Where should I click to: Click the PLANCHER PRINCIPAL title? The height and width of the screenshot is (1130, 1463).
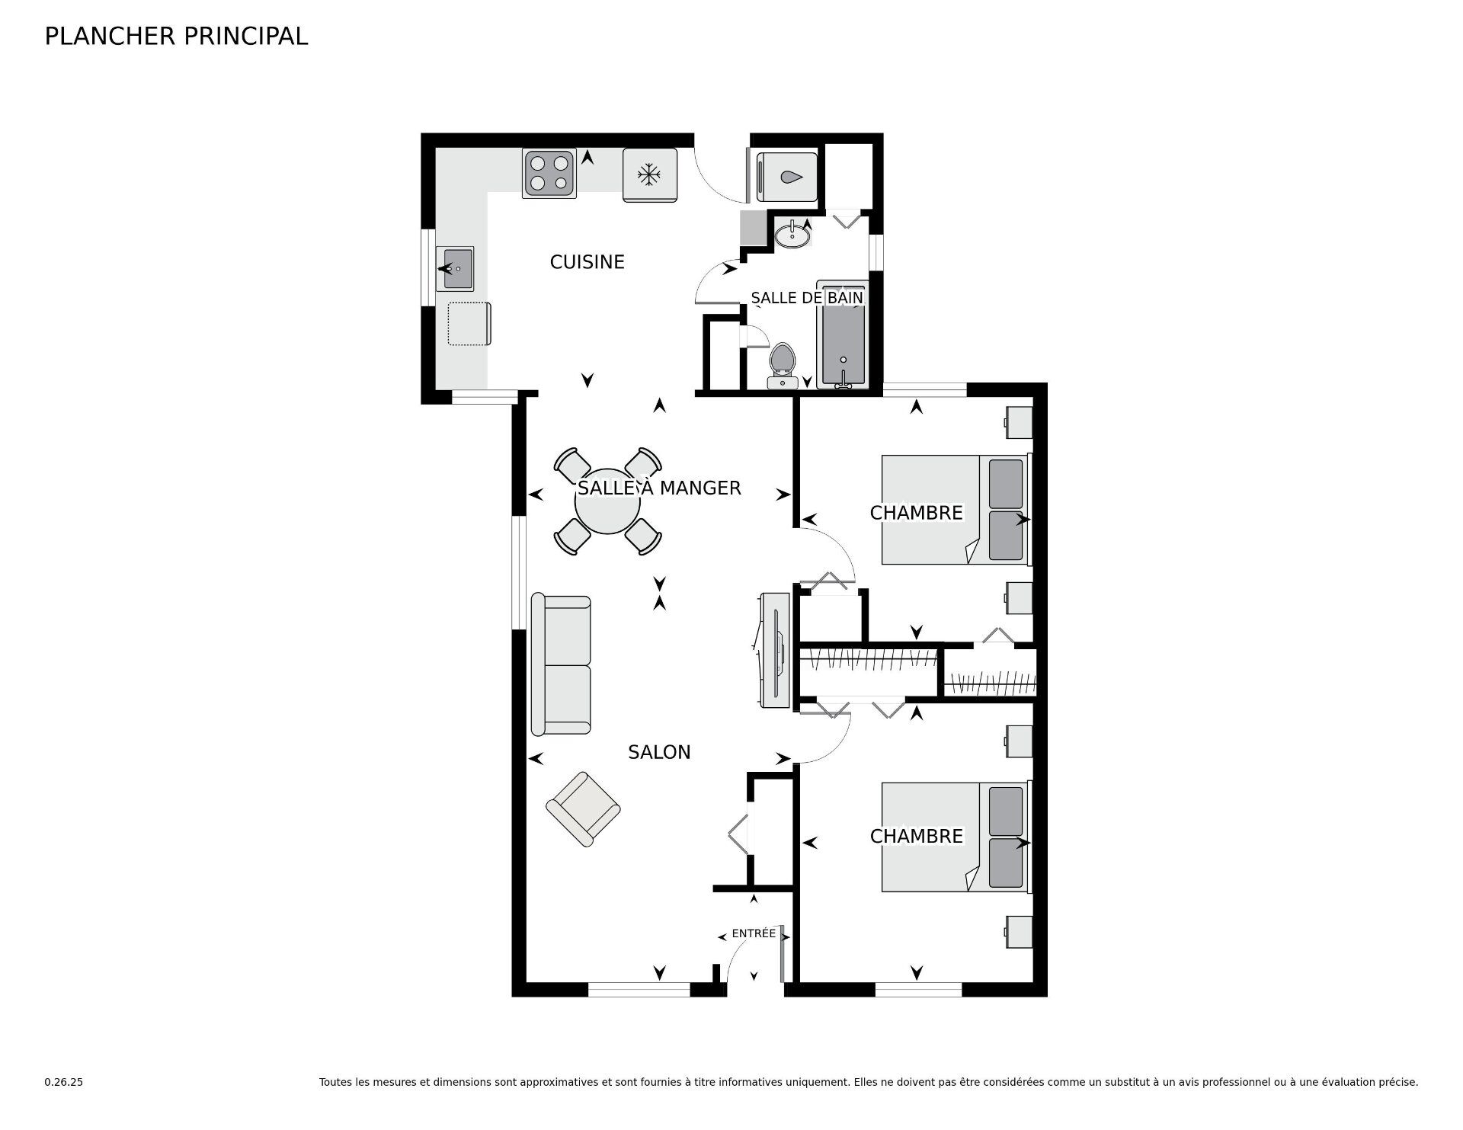click(x=176, y=37)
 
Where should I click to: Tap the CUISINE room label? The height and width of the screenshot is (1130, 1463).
click(x=587, y=262)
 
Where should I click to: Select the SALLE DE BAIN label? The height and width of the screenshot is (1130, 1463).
click(x=807, y=297)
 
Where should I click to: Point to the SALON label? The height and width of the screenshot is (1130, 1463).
click(x=659, y=752)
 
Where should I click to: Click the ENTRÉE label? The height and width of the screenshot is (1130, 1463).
click(x=754, y=933)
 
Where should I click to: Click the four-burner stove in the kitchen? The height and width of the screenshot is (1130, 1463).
click(x=549, y=173)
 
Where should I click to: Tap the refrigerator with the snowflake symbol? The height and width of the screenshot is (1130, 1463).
click(x=650, y=175)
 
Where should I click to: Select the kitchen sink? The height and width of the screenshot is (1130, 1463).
click(x=455, y=268)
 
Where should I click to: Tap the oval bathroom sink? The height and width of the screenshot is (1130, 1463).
click(x=792, y=235)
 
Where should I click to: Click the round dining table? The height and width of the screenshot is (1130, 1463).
click(x=607, y=501)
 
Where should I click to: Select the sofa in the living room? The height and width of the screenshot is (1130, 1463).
click(x=561, y=664)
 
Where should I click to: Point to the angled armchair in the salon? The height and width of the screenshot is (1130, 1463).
click(x=583, y=809)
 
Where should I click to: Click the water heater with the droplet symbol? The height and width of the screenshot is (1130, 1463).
click(x=787, y=177)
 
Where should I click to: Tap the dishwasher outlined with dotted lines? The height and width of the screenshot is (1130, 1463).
click(x=469, y=324)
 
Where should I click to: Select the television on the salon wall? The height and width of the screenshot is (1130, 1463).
click(x=776, y=650)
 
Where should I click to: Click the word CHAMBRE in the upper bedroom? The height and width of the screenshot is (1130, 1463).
click(x=917, y=513)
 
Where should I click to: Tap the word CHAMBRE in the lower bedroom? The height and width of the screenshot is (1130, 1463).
click(x=917, y=836)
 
